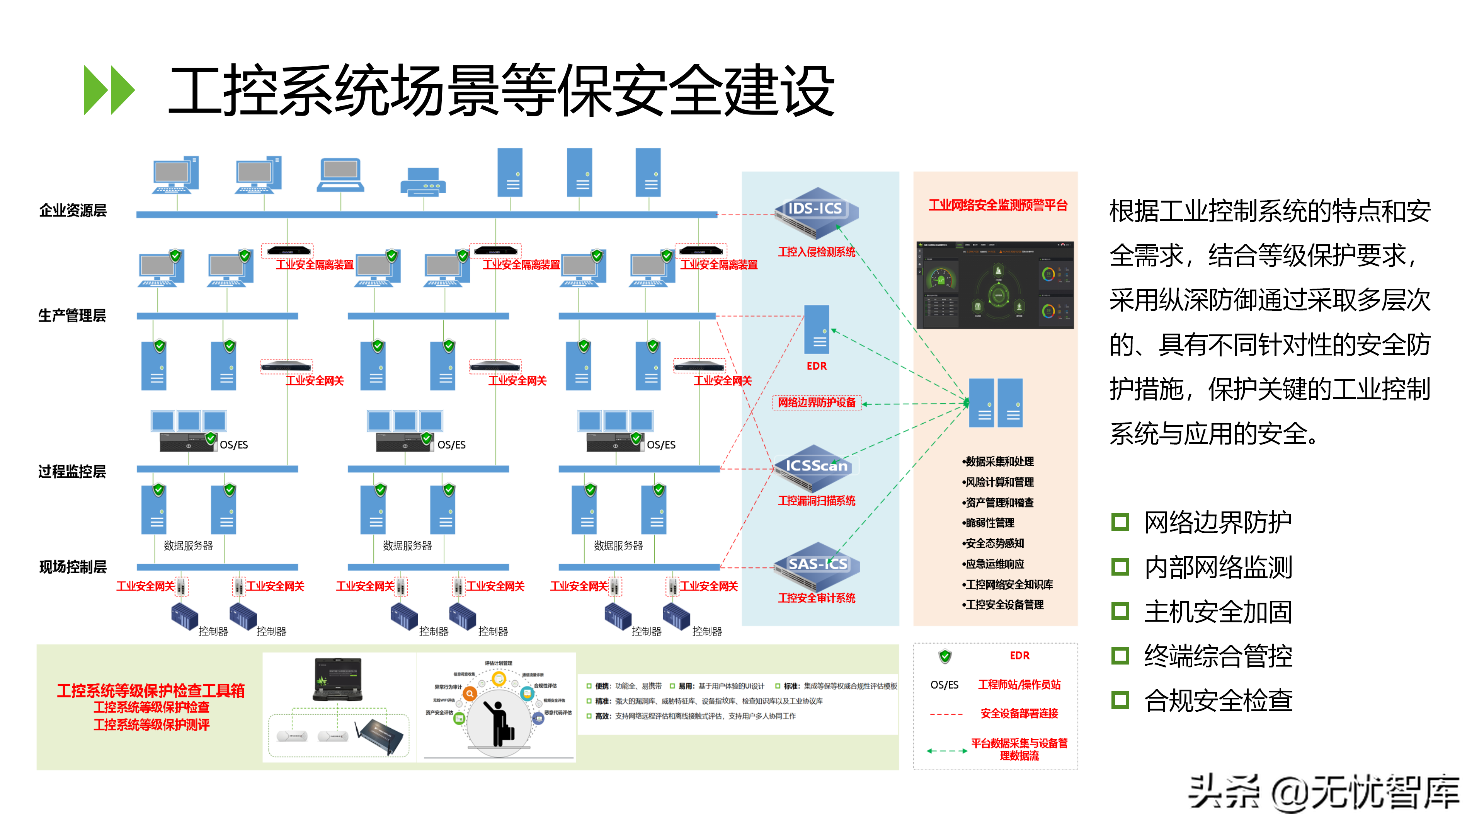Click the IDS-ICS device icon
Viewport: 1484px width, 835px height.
(x=816, y=212)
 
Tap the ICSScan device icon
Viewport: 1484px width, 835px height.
(x=816, y=468)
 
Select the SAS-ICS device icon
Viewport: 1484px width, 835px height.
(x=817, y=566)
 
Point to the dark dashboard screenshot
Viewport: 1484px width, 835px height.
(x=995, y=285)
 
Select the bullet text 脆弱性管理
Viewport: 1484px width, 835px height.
(x=989, y=523)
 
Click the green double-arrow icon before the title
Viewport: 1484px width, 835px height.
(x=109, y=90)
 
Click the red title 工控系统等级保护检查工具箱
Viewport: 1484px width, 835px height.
(x=151, y=690)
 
